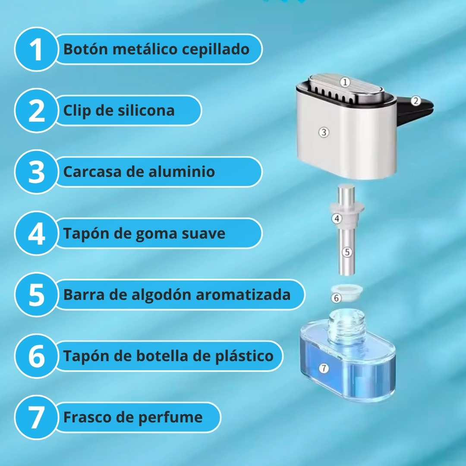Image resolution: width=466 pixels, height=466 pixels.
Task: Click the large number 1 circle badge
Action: [x=36, y=49]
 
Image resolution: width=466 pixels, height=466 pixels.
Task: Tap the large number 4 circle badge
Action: [x=36, y=233]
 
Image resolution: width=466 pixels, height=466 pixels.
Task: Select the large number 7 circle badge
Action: [x=36, y=417]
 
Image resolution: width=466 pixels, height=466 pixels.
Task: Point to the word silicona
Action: [x=146, y=110]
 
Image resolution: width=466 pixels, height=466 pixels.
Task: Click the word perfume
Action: [x=170, y=418]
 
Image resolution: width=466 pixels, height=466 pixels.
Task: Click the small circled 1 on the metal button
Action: [x=345, y=82]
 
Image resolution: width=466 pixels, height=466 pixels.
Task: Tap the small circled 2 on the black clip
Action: [x=416, y=101]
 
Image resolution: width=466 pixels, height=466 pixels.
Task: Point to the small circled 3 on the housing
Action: [x=324, y=132]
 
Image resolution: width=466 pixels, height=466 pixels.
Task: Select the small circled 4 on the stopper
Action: [x=337, y=219]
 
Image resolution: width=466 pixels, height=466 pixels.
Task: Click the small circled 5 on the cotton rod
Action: [x=347, y=252]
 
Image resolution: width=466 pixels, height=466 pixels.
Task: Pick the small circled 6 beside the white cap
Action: [x=336, y=298]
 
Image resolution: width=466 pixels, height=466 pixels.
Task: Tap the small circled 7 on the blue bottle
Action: [x=324, y=368]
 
